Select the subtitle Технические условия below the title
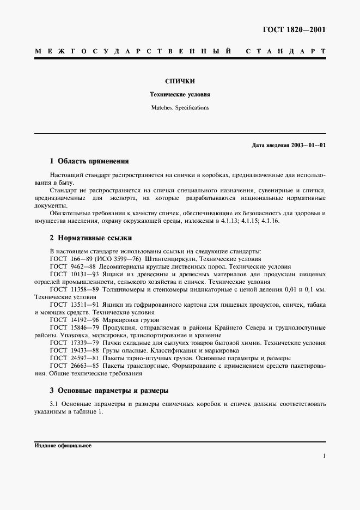point(180,94)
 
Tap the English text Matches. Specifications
point(180,108)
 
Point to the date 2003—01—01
point(308,146)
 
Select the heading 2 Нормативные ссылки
point(90,238)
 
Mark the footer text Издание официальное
point(63,445)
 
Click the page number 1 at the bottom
point(324,456)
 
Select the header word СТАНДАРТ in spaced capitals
point(285,52)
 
